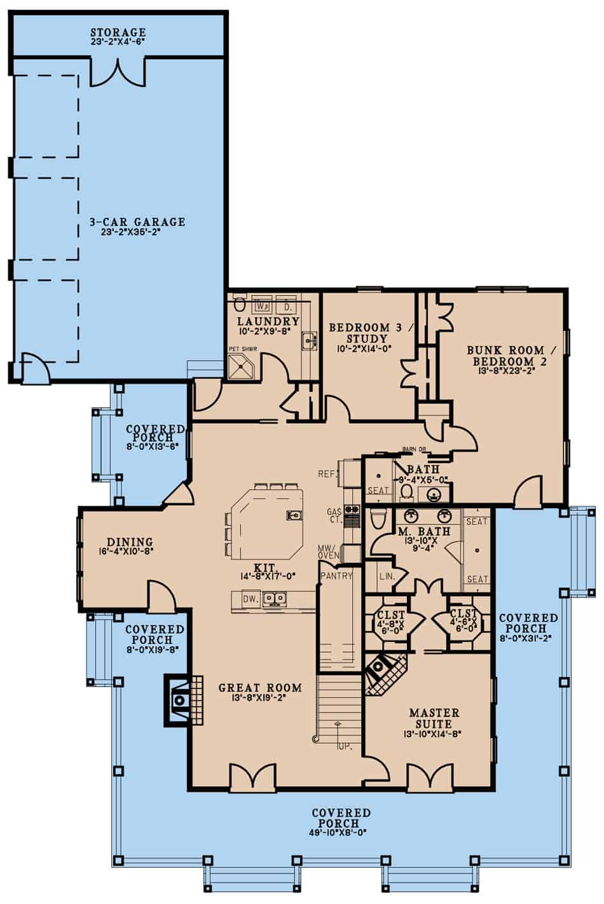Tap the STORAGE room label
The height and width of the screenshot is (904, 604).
pos(118,32)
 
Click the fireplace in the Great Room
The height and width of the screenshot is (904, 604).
pos(179,699)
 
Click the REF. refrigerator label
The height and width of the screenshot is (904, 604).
pos(327,474)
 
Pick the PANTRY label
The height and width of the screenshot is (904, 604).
pos(336,576)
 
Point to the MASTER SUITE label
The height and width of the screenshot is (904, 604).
pos(434,718)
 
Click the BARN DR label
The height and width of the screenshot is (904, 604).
pos(415,450)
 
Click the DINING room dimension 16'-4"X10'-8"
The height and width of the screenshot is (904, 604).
pos(127,552)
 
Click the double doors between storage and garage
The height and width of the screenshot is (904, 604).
pos(118,72)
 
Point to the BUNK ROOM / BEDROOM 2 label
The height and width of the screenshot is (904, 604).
pos(505,355)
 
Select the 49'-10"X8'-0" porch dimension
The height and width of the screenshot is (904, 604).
pos(341,831)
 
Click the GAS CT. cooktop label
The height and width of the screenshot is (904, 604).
pos(334,516)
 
